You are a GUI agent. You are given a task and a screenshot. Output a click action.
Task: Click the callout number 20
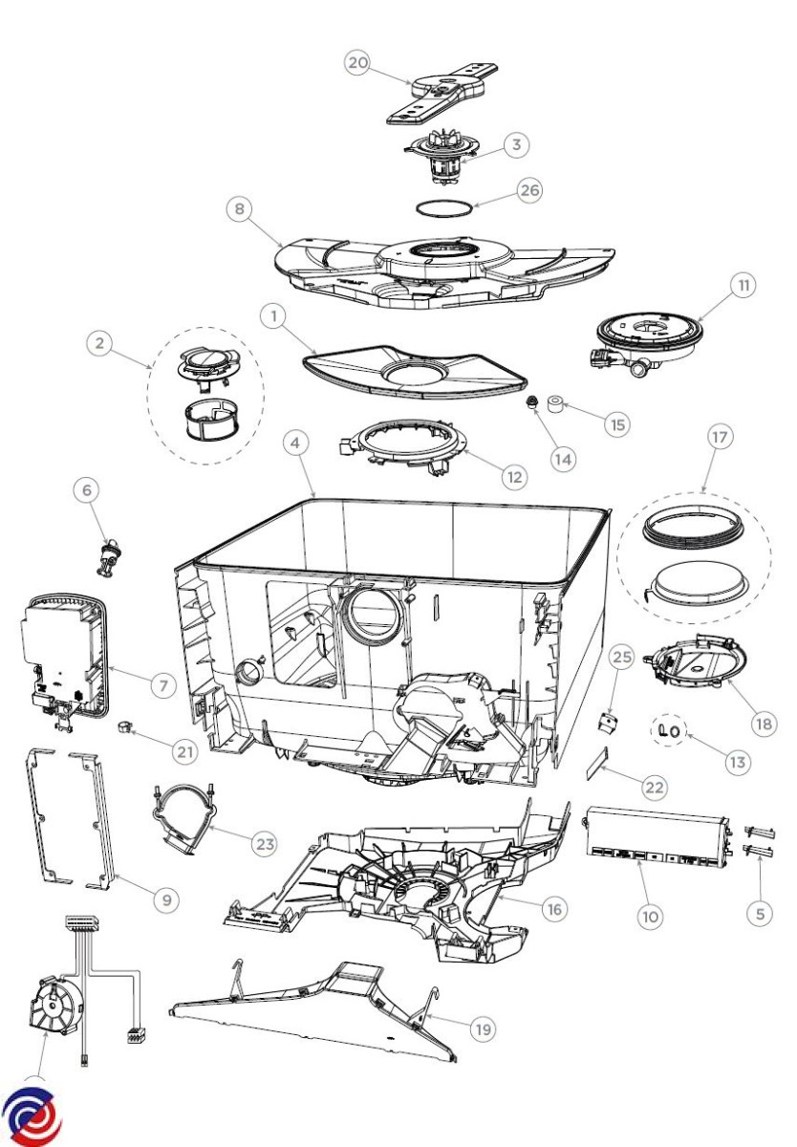(357, 63)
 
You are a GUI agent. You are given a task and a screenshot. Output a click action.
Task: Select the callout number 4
(298, 444)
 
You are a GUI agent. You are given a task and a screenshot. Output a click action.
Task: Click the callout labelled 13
(737, 763)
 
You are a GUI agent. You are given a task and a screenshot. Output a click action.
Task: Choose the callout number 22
(654, 787)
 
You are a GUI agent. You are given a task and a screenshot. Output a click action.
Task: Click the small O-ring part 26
(445, 206)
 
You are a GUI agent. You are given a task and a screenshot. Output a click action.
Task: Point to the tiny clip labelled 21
(124, 728)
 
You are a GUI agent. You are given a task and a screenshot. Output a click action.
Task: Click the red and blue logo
(31, 1115)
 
